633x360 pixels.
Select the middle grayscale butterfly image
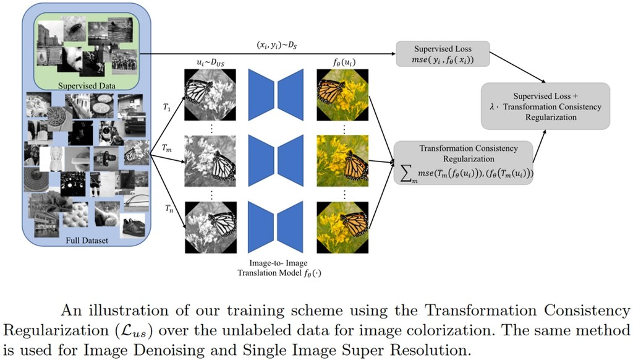pyautogui.click(x=211, y=161)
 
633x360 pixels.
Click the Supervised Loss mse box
pyautogui.click(x=443, y=54)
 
